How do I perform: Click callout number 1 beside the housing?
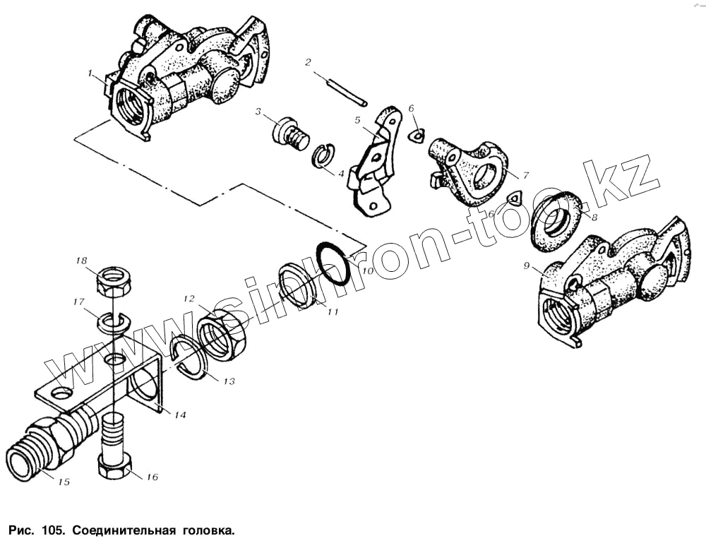tap(90, 73)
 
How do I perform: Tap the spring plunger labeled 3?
tap(289, 133)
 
